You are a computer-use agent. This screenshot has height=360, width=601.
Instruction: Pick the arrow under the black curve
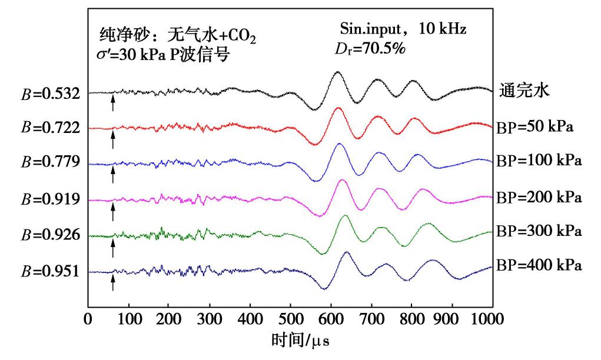112,104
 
